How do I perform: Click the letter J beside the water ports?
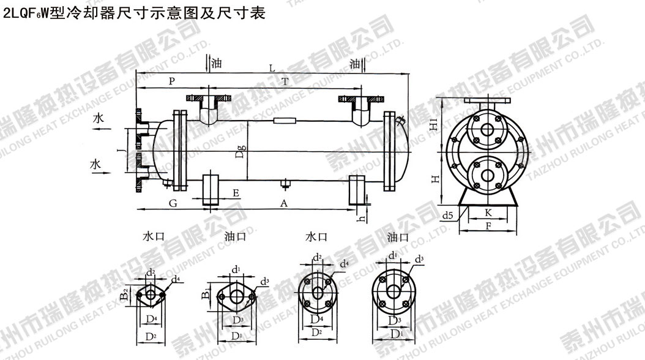coord(121,148)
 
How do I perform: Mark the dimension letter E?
coord(236,193)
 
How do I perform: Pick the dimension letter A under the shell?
coord(283,203)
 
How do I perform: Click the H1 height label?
coord(433,125)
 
